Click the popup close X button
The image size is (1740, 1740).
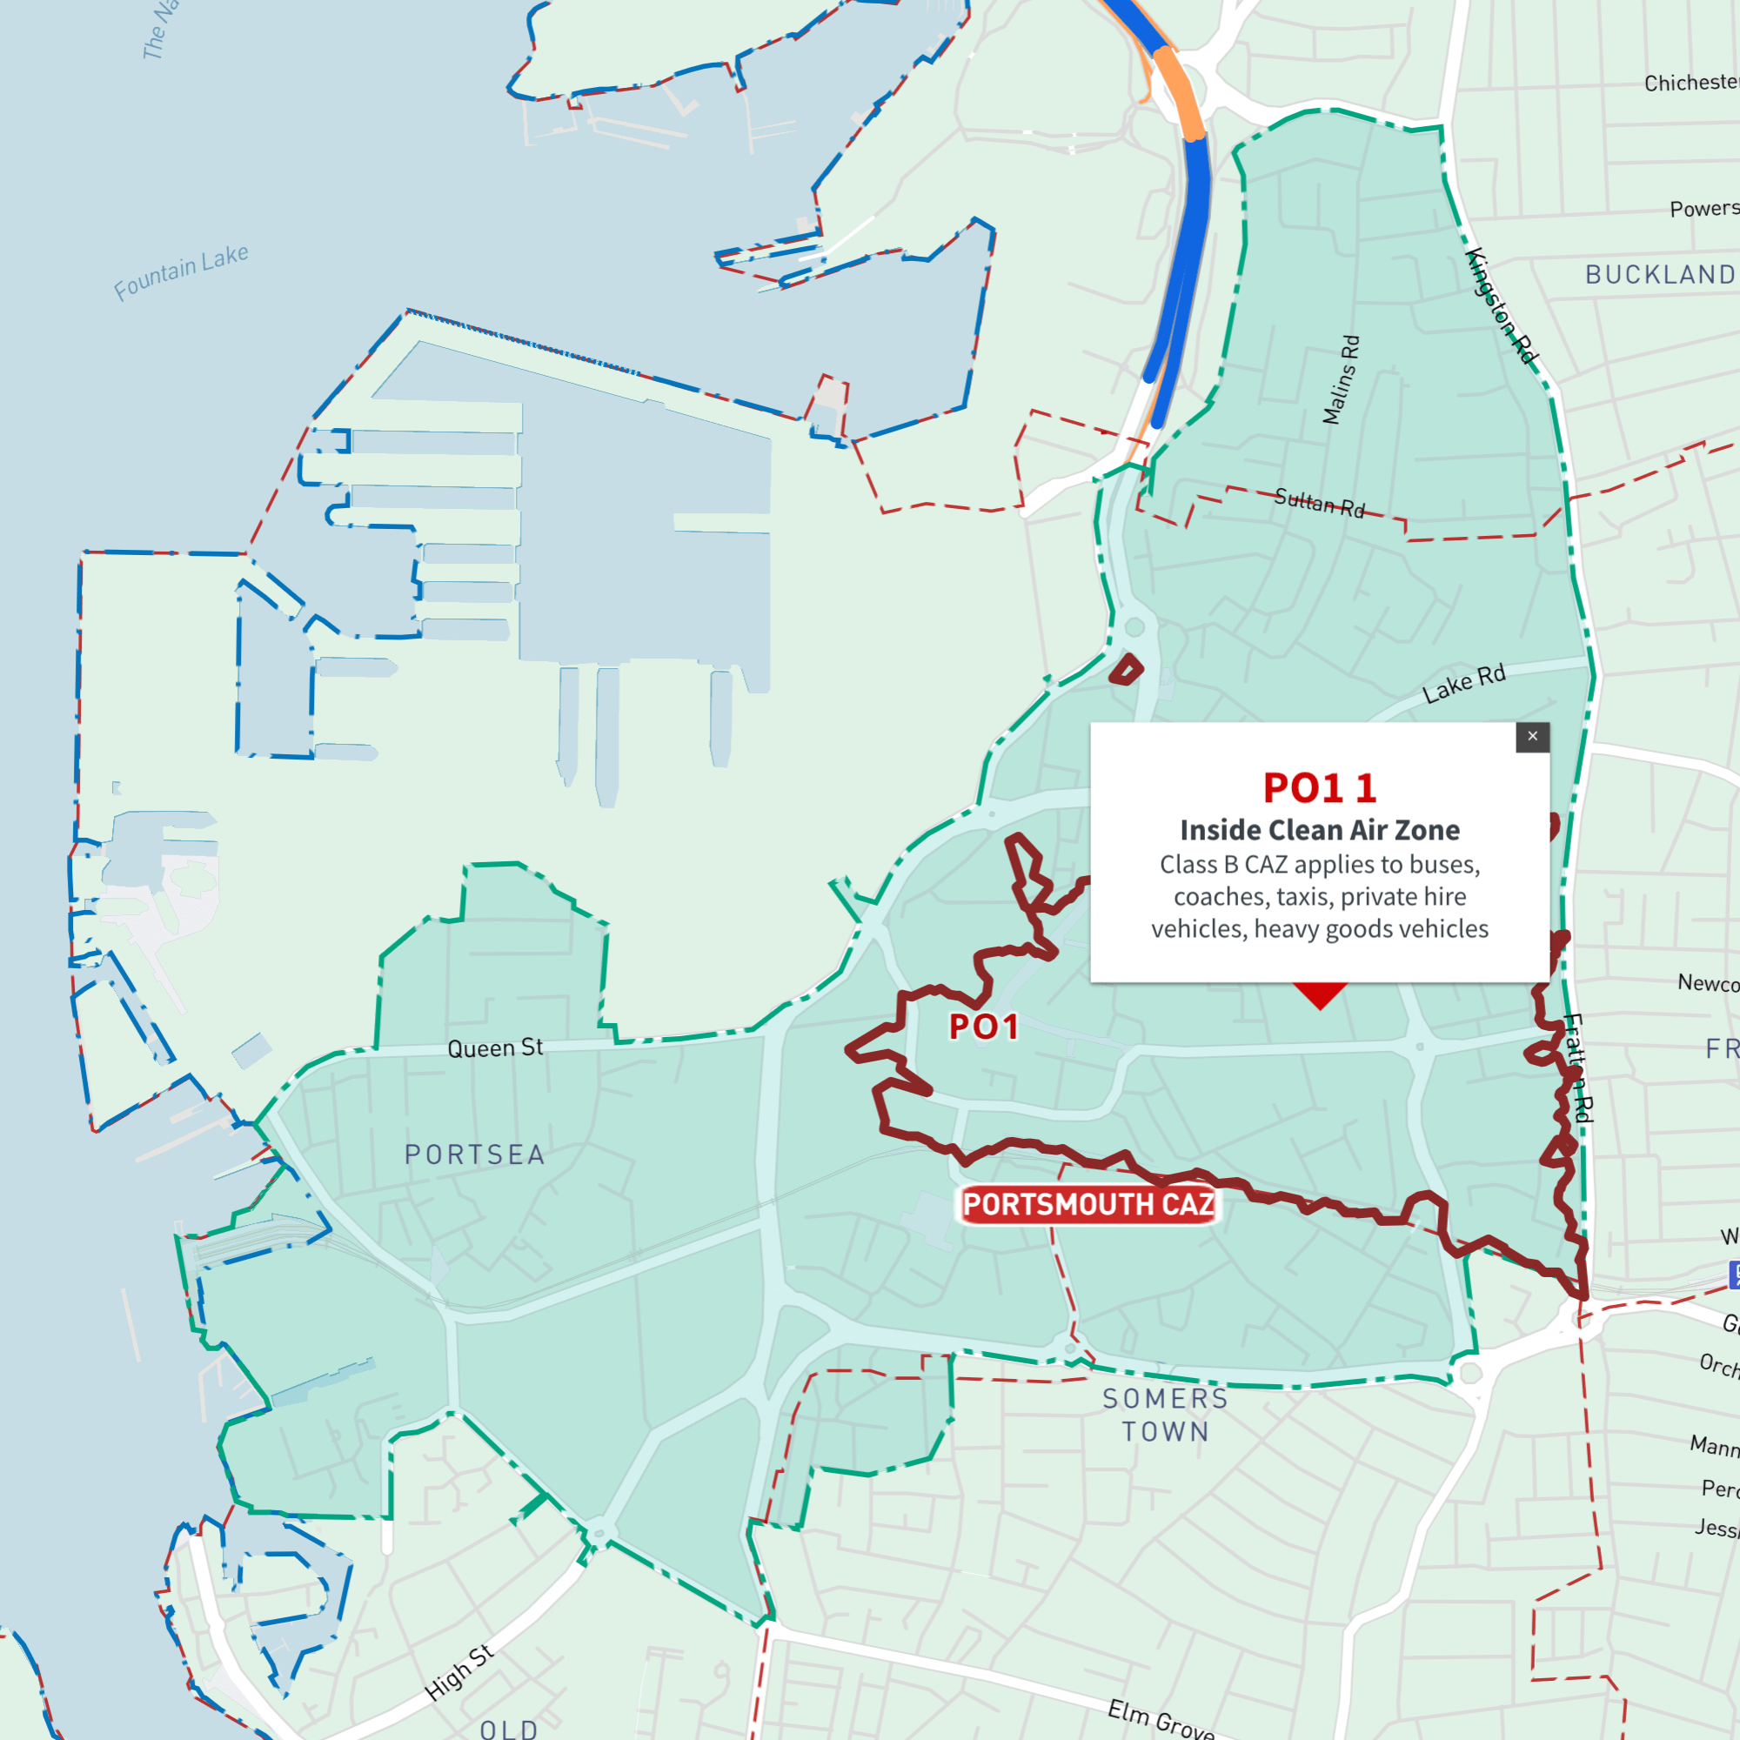(x=1532, y=737)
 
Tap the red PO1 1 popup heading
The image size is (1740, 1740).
(x=1320, y=788)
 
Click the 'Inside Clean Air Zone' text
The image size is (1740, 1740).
(x=1320, y=829)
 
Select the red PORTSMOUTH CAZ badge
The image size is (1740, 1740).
(x=1088, y=1204)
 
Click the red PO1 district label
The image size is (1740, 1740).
(x=983, y=1027)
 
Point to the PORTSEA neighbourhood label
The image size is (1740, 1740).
(x=475, y=1154)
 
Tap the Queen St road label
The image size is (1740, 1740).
(x=495, y=1047)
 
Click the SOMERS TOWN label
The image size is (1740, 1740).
(x=1166, y=1415)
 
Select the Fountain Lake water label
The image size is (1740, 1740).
(x=181, y=272)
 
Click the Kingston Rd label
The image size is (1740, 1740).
(x=1502, y=305)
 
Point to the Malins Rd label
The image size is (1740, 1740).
(x=1341, y=379)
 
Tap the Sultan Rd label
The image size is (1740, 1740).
(x=1320, y=503)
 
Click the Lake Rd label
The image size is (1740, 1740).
(x=1463, y=685)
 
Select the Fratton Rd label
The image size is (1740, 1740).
(x=1577, y=1068)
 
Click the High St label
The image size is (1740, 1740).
(x=459, y=1672)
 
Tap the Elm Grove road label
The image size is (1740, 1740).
(x=1160, y=1718)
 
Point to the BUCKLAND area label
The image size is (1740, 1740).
(x=1660, y=275)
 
